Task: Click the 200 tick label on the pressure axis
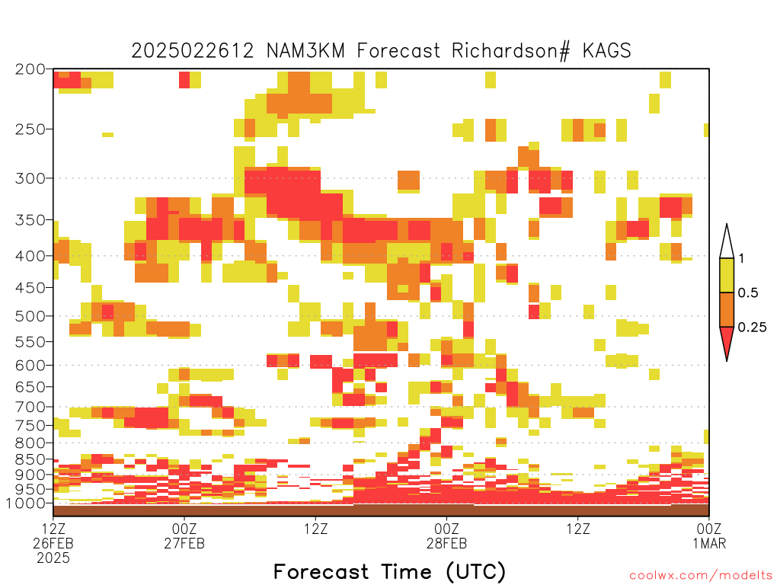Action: (x=30, y=69)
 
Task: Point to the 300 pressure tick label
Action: (x=30, y=178)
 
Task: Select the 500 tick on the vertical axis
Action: (x=30, y=316)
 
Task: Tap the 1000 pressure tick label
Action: (x=27, y=503)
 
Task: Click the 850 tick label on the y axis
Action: (x=30, y=459)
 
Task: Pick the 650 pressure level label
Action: (x=30, y=386)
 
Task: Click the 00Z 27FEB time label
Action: (x=184, y=535)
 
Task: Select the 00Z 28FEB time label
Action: (x=446, y=535)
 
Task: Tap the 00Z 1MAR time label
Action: (x=709, y=535)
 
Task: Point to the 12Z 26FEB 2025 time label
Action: (x=53, y=543)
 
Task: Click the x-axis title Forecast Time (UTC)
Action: (x=389, y=572)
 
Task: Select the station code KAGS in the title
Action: (x=606, y=51)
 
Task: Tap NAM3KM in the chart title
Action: (x=305, y=51)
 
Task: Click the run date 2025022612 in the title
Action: (x=193, y=51)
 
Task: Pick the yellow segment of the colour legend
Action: (x=727, y=275)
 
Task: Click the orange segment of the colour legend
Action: (x=727, y=309)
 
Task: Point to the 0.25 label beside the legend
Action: (x=752, y=328)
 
